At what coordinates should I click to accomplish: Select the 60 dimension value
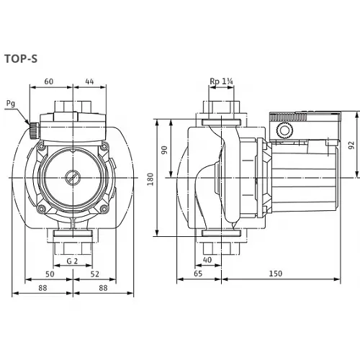pyautogui.click(x=49, y=81)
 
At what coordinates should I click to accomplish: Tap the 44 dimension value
pyautogui.click(x=89, y=81)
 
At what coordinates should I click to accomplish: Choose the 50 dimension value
pyautogui.click(x=49, y=274)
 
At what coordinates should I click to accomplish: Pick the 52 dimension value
pyautogui.click(x=94, y=274)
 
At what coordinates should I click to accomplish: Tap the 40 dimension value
pyautogui.click(x=207, y=259)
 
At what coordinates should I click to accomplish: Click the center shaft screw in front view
pyautogui.click(x=72, y=176)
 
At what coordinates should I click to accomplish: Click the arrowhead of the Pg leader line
pyautogui.click(x=30, y=123)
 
